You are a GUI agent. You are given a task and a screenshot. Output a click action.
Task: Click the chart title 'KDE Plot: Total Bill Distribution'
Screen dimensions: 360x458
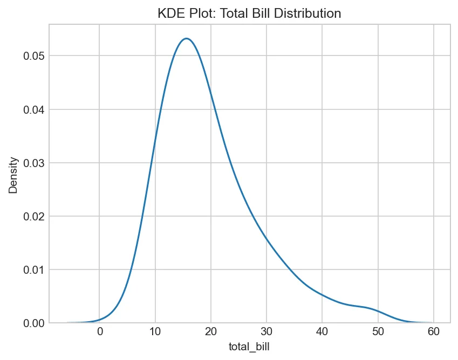point(249,14)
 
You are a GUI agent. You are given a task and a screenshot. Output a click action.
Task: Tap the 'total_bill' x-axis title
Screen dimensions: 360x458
point(249,348)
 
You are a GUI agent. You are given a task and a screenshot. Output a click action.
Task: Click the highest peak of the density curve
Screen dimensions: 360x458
point(187,38)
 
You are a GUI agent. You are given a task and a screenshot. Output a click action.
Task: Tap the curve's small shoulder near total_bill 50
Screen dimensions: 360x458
point(372,308)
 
